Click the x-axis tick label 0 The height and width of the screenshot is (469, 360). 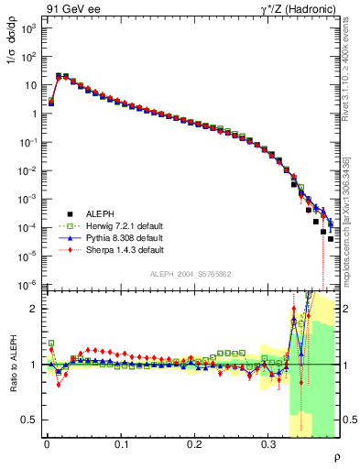pos(47,443)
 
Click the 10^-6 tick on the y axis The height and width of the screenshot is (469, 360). pos(27,285)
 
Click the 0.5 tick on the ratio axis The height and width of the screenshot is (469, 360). pos(30,420)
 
